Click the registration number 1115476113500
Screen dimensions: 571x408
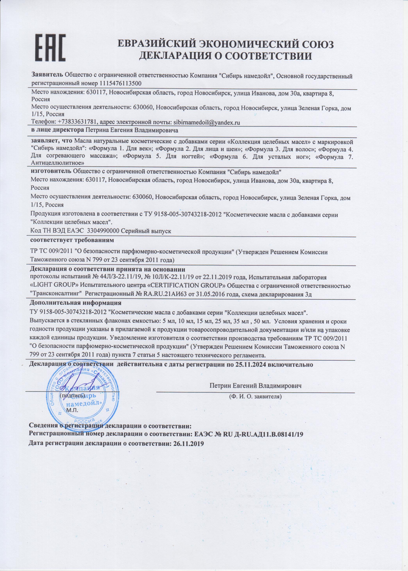pos(121,83)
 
